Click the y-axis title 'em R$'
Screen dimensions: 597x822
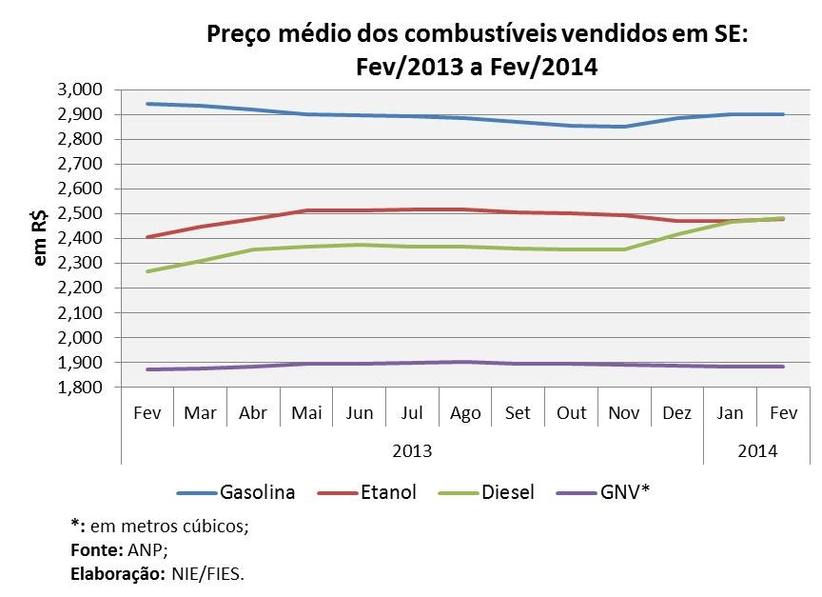[x=40, y=238]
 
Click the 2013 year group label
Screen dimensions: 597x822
[x=412, y=449]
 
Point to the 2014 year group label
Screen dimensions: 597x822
[x=757, y=449]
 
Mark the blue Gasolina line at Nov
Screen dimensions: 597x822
[x=624, y=127]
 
